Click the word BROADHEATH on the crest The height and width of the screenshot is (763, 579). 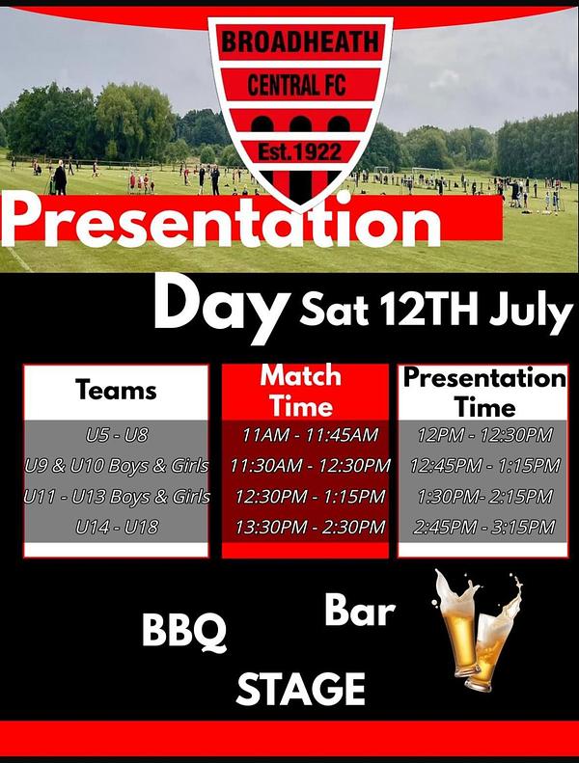(x=300, y=41)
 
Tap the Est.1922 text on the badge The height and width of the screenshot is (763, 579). (x=299, y=151)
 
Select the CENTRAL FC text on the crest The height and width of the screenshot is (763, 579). (x=296, y=85)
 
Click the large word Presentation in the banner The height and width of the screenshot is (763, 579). (x=222, y=222)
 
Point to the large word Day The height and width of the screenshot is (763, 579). (x=220, y=308)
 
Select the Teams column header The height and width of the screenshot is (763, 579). (x=116, y=391)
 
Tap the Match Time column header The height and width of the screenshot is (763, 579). (x=301, y=391)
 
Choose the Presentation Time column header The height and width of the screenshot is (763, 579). (x=484, y=393)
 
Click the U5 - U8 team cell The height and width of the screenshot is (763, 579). (x=117, y=434)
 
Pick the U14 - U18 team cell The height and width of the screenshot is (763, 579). (x=117, y=527)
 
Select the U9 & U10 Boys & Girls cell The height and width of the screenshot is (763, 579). (x=117, y=466)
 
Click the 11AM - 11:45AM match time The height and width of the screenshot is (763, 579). (x=310, y=434)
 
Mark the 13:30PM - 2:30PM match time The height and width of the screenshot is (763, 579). (x=310, y=527)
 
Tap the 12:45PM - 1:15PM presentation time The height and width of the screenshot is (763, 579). (x=484, y=466)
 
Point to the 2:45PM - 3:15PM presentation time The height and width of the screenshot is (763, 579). (x=484, y=527)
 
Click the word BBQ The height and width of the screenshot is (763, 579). (x=184, y=630)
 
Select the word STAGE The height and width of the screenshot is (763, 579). (x=300, y=689)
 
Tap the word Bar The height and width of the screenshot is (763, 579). (x=359, y=611)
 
